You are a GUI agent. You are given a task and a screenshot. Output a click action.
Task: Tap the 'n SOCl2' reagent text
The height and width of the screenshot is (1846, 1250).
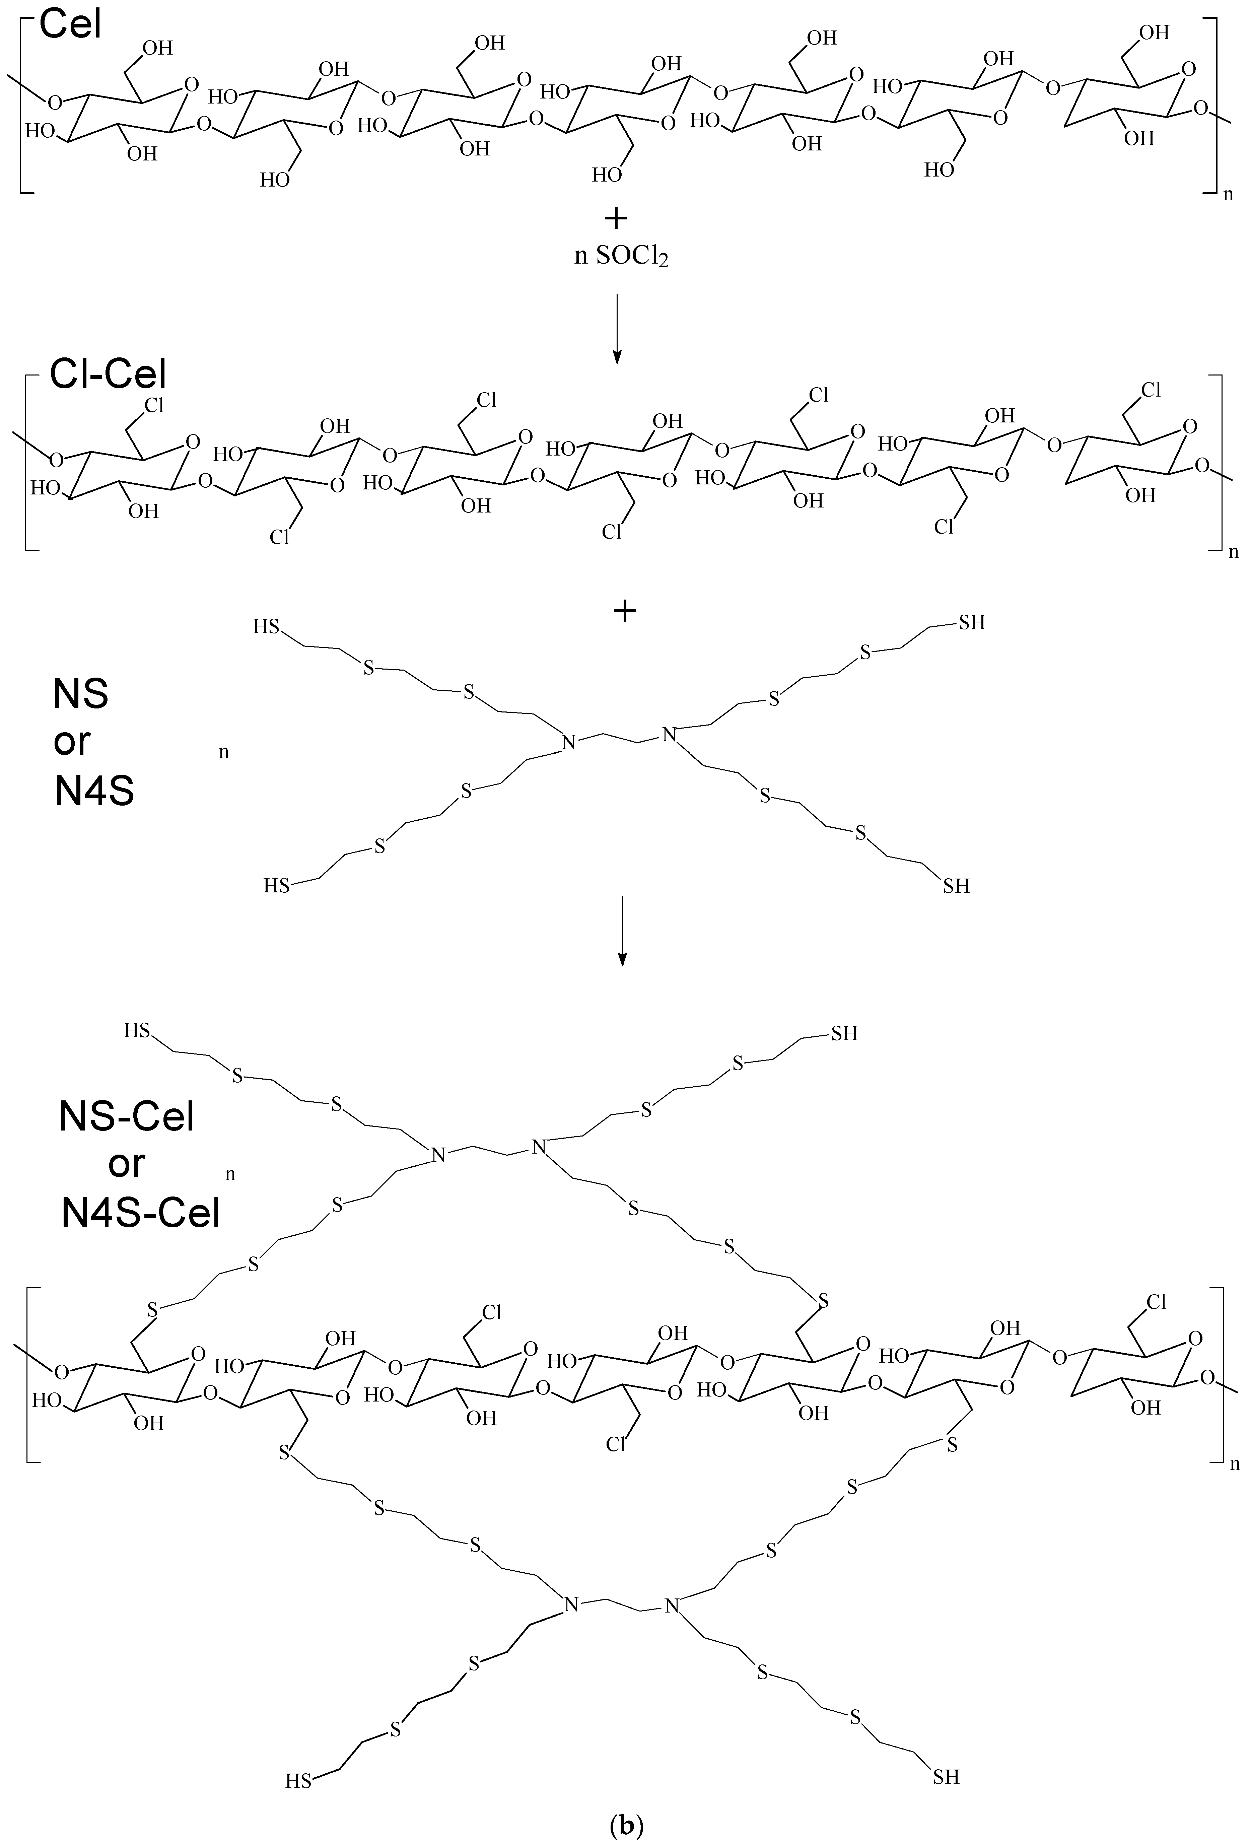(x=620, y=257)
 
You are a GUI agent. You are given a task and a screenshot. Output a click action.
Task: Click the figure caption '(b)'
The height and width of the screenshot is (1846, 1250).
(x=625, y=1825)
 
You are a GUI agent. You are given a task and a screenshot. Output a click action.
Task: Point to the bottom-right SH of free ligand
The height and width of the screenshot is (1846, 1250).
(x=956, y=886)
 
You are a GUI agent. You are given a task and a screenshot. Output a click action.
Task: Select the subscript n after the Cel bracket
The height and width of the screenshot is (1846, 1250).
(x=1228, y=194)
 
